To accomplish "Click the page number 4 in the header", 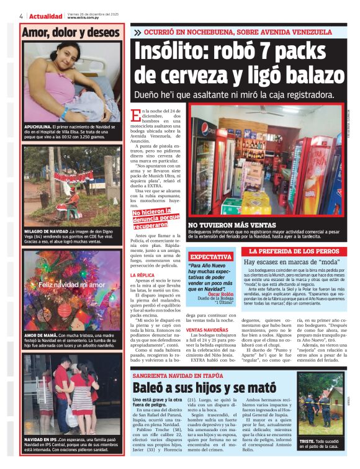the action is point(21,16).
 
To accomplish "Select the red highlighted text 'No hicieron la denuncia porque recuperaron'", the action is point(158,220).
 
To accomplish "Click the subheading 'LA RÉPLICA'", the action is point(145,274).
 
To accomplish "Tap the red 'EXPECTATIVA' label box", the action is point(210,256).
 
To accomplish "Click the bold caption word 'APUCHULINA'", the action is point(40,127).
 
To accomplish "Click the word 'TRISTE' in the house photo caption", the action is point(307,440).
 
